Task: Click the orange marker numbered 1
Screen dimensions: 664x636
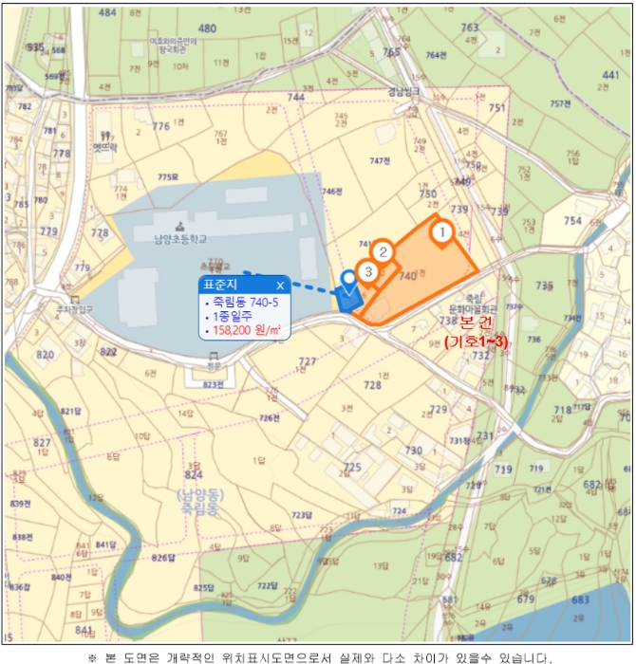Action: (x=440, y=231)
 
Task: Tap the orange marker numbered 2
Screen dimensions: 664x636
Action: (x=382, y=251)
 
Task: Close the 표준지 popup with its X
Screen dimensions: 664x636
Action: (x=280, y=285)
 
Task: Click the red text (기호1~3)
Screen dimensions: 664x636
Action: (x=476, y=341)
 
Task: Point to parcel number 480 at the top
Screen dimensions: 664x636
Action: (x=207, y=28)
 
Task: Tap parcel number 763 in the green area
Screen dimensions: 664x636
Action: (x=470, y=28)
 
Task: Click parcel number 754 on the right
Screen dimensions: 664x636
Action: (x=572, y=221)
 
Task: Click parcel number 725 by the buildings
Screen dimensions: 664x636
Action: (x=352, y=468)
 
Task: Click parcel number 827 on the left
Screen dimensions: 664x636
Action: (x=42, y=444)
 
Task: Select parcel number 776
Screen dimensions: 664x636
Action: (x=160, y=126)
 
